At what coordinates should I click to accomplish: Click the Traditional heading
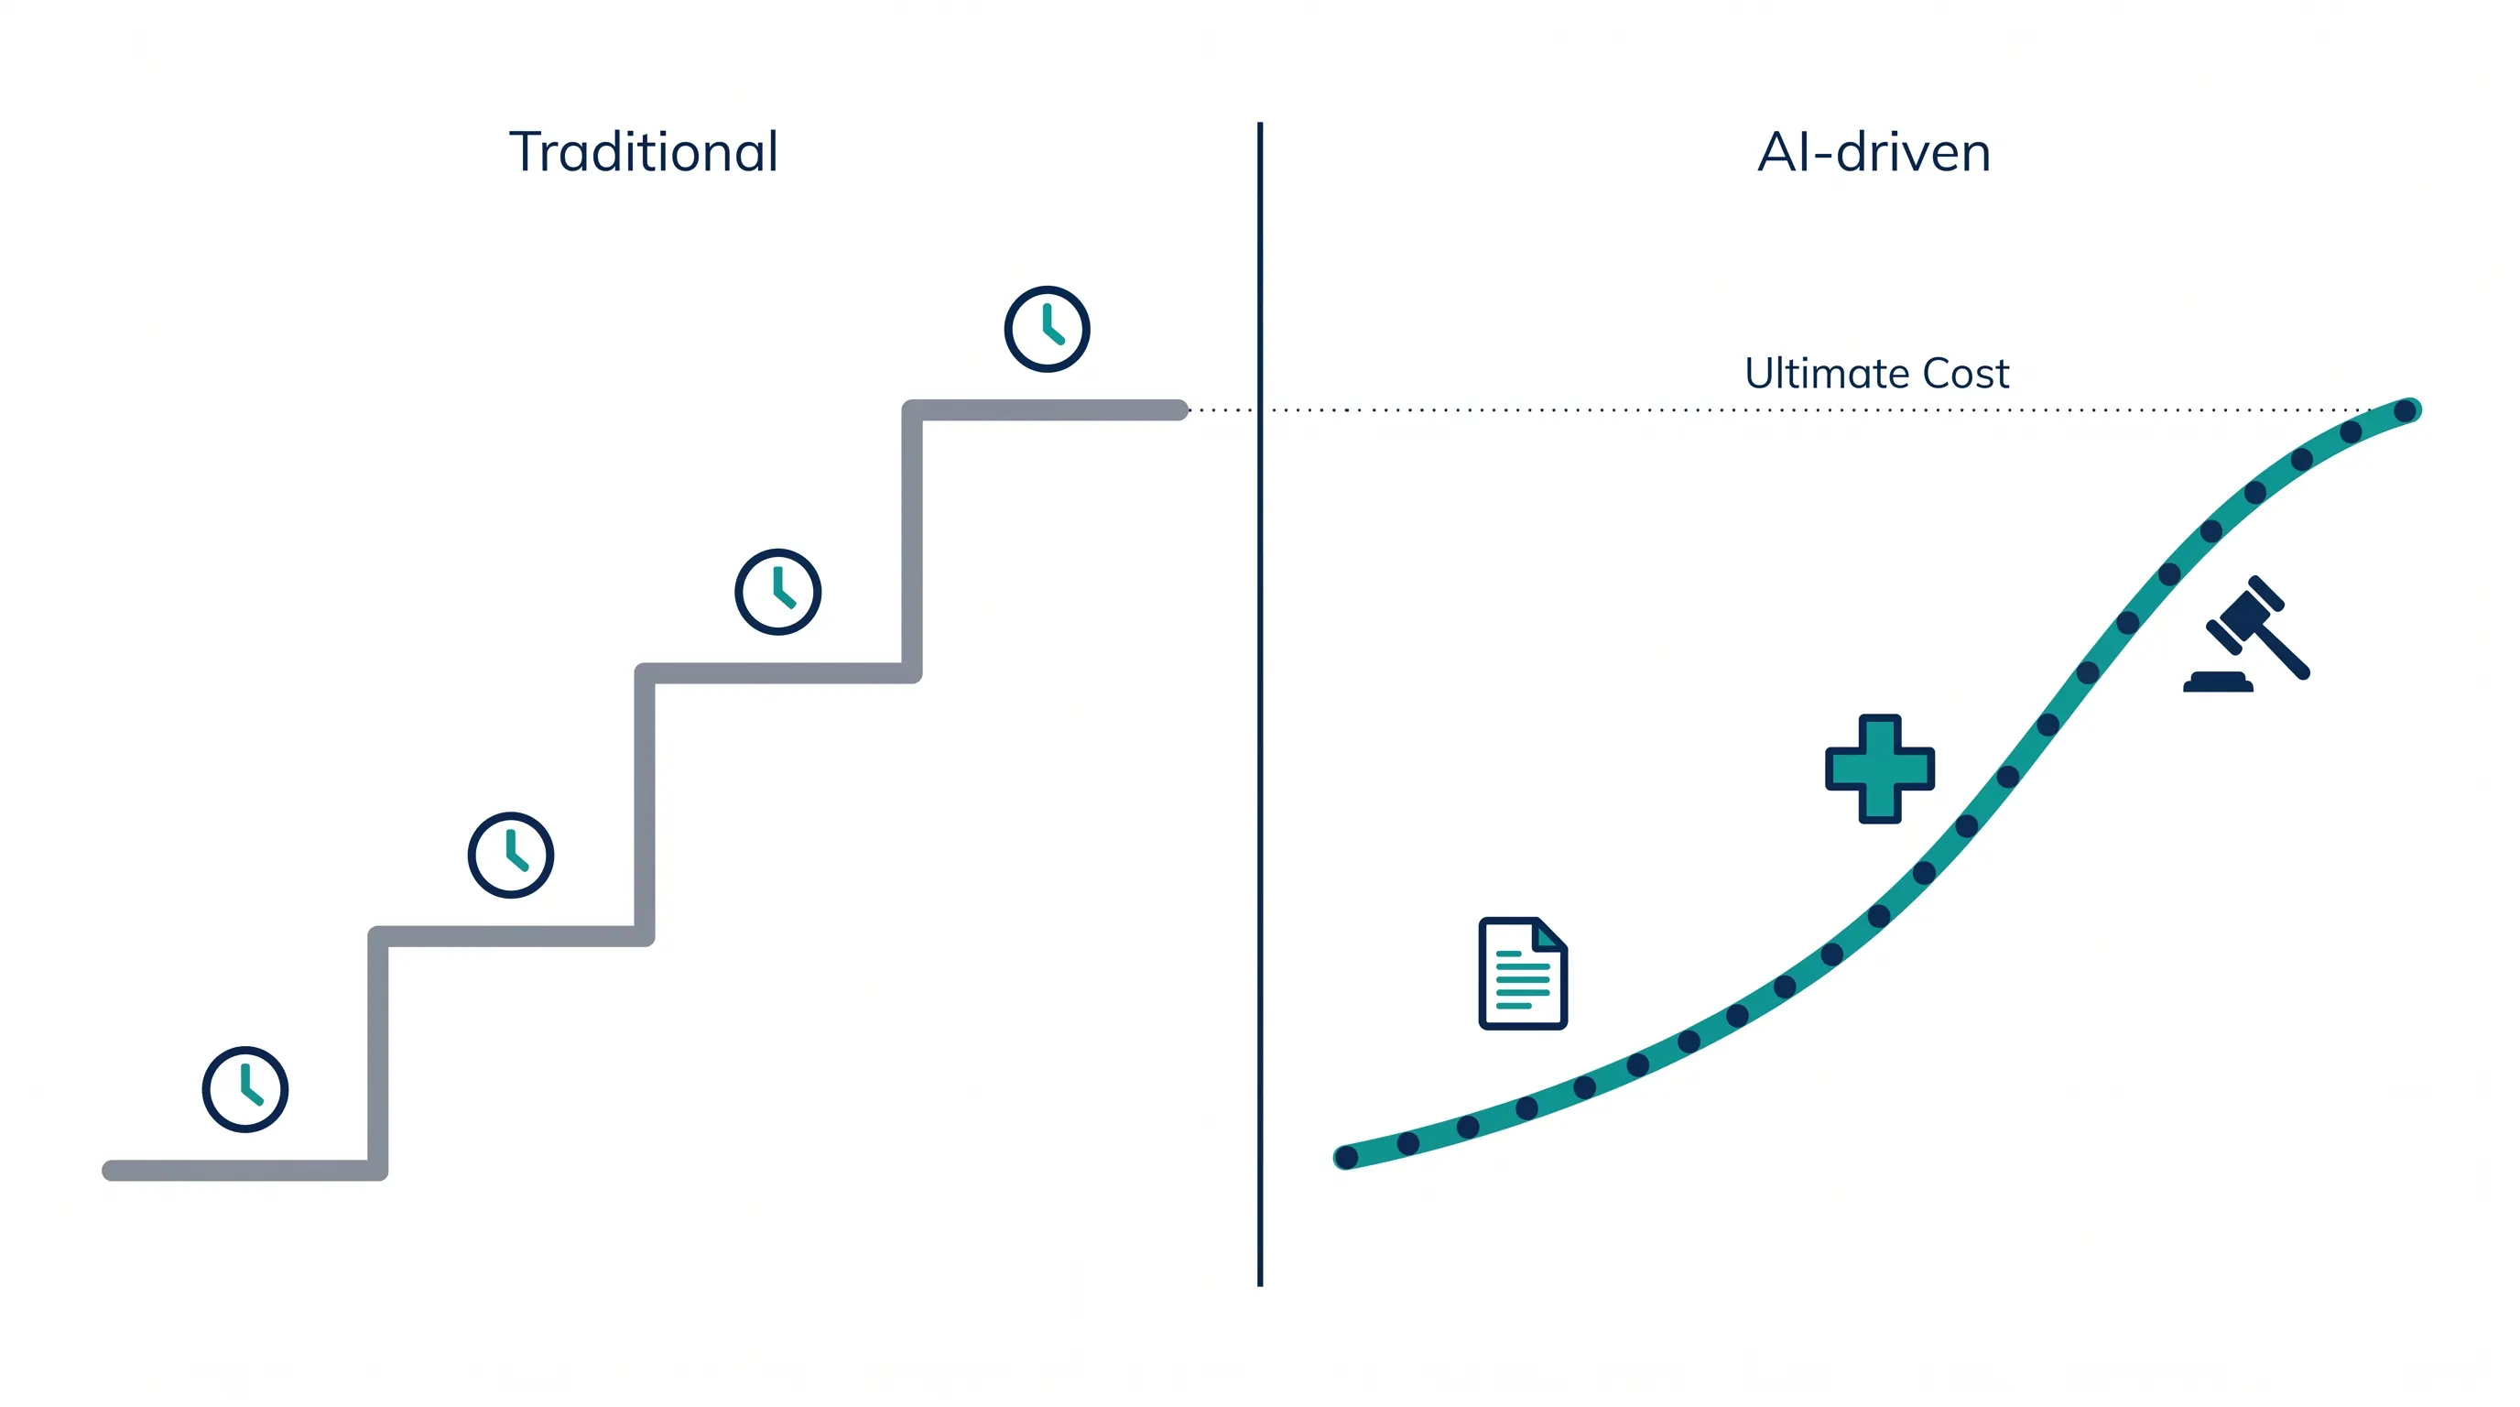(x=644, y=152)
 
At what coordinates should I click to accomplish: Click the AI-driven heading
(x=1874, y=152)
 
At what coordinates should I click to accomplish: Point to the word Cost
(x=1966, y=373)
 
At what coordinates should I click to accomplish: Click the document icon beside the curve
(x=1522, y=974)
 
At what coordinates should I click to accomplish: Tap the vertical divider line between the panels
(x=1260, y=704)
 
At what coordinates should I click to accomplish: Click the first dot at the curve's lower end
(x=1347, y=1158)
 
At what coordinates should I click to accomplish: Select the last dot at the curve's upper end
(x=2405, y=411)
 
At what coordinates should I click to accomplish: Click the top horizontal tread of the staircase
(x=1045, y=410)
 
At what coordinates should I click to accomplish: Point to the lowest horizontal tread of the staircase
(x=244, y=1171)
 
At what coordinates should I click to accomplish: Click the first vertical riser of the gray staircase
(x=377, y=1053)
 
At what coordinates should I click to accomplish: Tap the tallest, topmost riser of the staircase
(x=912, y=541)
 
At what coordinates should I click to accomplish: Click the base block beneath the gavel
(x=2218, y=683)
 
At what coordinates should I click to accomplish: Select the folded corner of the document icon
(x=1549, y=935)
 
